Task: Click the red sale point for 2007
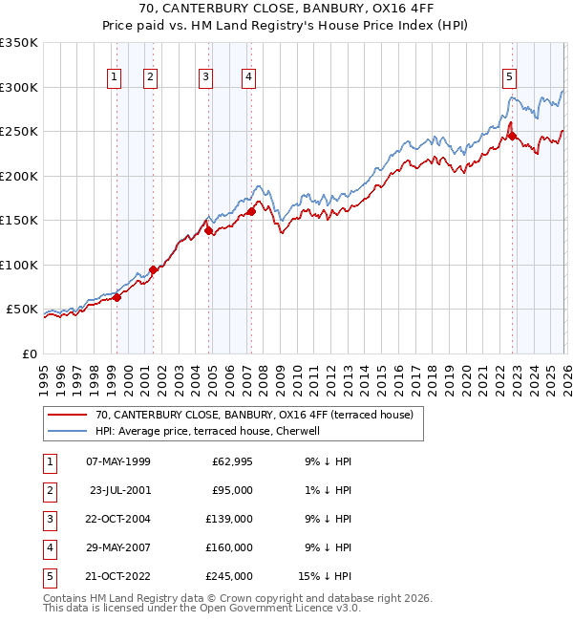[251, 211]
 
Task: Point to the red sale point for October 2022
[512, 136]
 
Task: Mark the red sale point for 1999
[117, 298]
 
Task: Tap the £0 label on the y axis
[28, 354]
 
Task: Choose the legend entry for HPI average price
[212, 431]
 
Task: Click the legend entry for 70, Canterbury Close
[254, 415]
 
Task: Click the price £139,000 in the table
[230, 519]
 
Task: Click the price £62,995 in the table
[230, 461]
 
